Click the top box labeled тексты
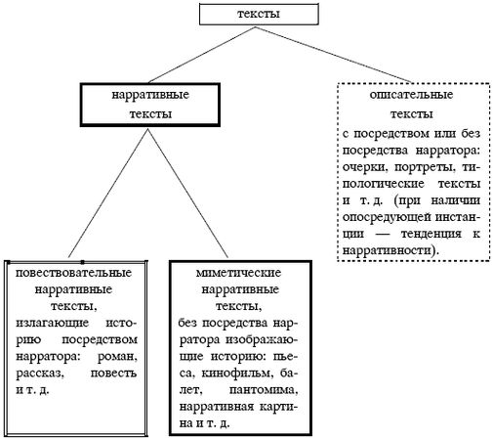245,15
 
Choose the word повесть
120,374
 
